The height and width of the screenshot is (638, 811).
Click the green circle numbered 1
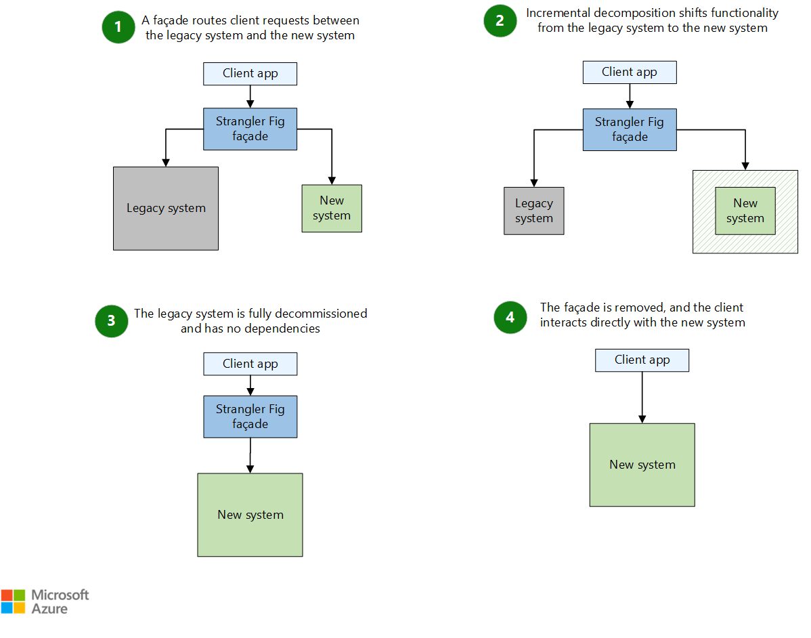[118, 27]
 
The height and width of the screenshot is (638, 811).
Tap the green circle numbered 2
[500, 21]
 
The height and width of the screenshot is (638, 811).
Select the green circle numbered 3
[112, 321]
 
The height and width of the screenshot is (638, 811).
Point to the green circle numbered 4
[510, 317]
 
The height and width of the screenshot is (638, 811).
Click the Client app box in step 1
[250, 74]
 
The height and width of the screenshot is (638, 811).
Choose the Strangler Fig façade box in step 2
[630, 130]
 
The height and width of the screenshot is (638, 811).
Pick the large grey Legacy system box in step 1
[166, 209]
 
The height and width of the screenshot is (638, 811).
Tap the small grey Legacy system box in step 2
[534, 211]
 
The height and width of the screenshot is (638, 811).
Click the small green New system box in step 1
[332, 209]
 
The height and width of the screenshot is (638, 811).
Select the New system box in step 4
[642, 465]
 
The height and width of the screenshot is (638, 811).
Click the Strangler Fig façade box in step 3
[250, 417]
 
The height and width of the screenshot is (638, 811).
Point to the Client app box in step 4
[642, 360]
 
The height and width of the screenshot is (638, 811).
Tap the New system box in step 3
[250, 515]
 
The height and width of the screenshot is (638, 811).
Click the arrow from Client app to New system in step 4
[642, 398]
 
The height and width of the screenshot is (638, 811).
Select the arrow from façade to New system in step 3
[250, 455]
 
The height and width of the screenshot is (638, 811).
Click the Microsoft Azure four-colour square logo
[13, 602]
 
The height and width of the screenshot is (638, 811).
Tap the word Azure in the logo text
[49, 609]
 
